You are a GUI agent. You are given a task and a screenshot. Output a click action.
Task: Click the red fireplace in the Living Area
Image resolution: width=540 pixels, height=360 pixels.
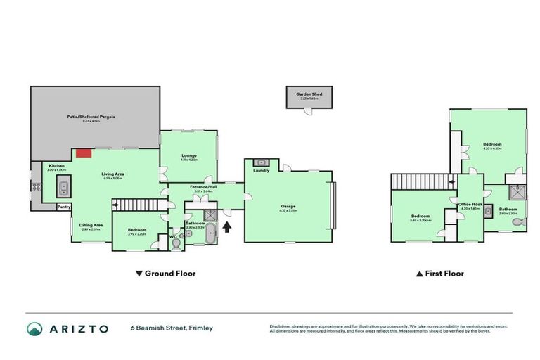tap(84, 153)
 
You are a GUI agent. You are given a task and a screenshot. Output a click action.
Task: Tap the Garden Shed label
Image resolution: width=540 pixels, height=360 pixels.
tap(307, 94)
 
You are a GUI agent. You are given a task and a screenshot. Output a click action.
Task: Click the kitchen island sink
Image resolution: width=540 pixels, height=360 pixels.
tap(62, 188)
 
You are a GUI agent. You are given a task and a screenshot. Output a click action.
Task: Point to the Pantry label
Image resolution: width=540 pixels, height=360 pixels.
tap(63, 207)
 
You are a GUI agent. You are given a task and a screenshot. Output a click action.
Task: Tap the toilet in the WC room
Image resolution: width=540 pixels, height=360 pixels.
tap(176, 242)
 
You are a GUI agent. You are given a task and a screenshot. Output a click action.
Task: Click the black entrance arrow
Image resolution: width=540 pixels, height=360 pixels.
tap(226, 226)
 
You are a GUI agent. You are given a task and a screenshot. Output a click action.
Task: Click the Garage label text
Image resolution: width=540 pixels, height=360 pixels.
tap(288, 206)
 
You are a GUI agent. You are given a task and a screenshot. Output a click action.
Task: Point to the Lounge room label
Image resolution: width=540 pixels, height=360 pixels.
tap(188, 155)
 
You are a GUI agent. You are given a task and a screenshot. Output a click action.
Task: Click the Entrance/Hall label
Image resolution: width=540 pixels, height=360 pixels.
tap(203, 187)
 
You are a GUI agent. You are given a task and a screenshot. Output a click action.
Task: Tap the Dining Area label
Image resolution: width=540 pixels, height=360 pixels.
tap(91, 225)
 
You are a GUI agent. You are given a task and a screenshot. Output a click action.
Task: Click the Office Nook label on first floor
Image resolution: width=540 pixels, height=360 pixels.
tap(469, 205)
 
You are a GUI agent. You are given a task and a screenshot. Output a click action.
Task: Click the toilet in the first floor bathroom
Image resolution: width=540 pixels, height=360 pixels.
tap(518, 222)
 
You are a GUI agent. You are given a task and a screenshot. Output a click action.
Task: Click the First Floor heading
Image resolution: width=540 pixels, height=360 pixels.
tap(444, 274)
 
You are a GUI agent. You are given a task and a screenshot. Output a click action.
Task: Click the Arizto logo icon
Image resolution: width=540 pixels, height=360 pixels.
tap(34, 328)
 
